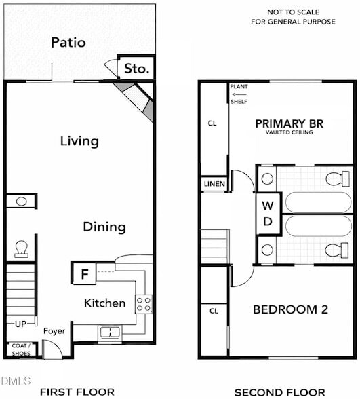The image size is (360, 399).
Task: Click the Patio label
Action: [68, 42]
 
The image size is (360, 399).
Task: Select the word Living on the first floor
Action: [79, 141]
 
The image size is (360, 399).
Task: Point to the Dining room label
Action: [104, 227]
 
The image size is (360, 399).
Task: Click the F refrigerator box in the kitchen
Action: [85, 274]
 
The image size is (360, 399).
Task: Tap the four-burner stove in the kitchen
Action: [143, 303]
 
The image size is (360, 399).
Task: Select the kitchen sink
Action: [108, 332]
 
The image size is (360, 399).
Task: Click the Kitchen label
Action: [104, 303]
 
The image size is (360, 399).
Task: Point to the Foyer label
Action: [54, 331]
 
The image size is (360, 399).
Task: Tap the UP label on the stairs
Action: [21, 324]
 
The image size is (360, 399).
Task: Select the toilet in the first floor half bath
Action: [21, 250]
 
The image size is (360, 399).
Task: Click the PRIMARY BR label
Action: [289, 123]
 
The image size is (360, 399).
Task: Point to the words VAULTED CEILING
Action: [289, 133]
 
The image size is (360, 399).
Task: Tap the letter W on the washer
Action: [268, 206]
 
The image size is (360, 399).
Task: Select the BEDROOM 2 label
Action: [290, 309]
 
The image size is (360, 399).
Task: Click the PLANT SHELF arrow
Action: [238, 94]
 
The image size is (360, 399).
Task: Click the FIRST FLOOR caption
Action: [72, 392]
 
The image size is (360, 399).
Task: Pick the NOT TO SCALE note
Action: [293, 12]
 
